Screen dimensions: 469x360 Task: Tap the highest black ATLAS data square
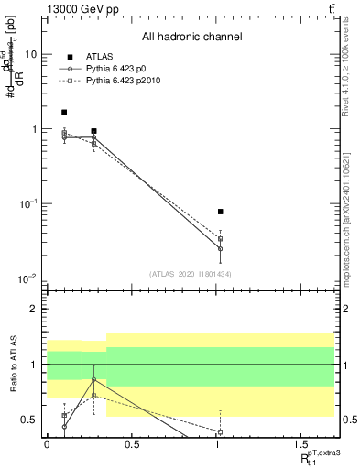[64, 113]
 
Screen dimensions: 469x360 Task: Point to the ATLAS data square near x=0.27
[93, 131]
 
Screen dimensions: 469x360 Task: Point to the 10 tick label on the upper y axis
[31, 54]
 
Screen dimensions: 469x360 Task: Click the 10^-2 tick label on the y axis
[27, 278]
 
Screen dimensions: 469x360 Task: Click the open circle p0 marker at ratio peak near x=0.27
[93, 379]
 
